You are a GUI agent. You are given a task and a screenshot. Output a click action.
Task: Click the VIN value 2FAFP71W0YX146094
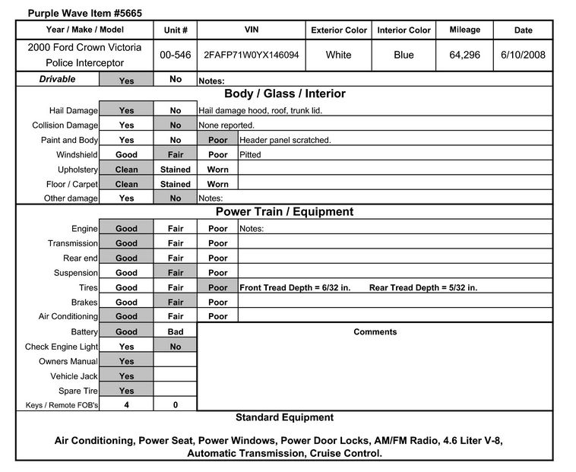pyautogui.click(x=250, y=55)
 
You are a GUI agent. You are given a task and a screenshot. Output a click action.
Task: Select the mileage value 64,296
pyautogui.click(x=464, y=55)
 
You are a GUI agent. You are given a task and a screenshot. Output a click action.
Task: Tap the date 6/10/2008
pyautogui.click(x=524, y=55)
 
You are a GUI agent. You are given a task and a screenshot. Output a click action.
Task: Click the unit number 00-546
pyautogui.click(x=175, y=55)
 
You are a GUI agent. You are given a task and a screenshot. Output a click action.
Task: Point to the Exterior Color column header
pyautogui.click(x=339, y=30)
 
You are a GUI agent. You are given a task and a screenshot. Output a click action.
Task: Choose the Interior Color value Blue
pyautogui.click(x=404, y=55)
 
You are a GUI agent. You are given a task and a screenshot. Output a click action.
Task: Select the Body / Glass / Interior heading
pyautogui.click(x=284, y=94)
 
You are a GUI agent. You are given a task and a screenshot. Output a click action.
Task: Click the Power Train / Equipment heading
pyautogui.click(x=284, y=212)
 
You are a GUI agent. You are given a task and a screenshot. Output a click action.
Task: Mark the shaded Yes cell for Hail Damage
pyautogui.click(x=126, y=111)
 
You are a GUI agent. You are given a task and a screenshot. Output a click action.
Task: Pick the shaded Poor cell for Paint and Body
pyautogui.click(x=217, y=141)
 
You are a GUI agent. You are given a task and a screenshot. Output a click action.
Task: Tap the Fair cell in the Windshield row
pyautogui.click(x=176, y=155)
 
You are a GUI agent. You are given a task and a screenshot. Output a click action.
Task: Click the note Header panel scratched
pyautogui.click(x=285, y=141)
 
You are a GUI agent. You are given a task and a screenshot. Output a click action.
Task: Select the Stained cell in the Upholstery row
pyautogui.click(x=176, y=169)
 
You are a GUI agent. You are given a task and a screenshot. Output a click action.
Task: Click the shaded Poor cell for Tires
pyautogui.click(x=217, y=288)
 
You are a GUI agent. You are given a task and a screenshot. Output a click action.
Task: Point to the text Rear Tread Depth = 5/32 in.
pyautogui.click(x=423, y=288)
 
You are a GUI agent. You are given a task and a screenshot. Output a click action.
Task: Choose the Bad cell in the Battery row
pyautogui.click(x=176, y=332)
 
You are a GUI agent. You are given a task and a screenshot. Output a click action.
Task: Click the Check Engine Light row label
pyautogui.click(x=62, y=347)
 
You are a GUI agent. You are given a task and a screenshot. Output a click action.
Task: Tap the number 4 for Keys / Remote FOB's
pyautogui.click(x=126, y=405)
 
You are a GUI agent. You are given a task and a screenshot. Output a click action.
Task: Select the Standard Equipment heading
pyautogui.click(x=284, y=417)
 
